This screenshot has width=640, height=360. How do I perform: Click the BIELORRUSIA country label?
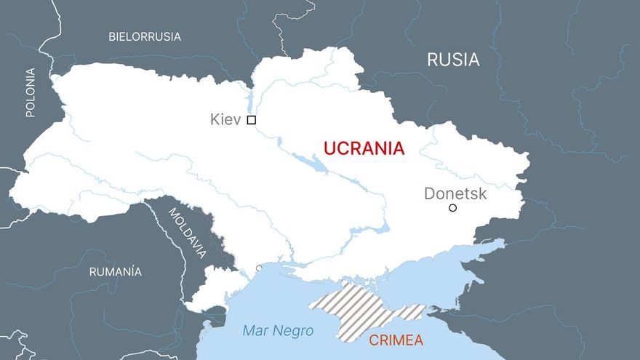145,36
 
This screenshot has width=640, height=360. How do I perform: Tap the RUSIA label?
453,60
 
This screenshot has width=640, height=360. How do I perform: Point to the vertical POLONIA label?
30,92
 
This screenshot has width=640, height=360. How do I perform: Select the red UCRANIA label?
364,149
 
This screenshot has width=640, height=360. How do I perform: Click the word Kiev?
225,119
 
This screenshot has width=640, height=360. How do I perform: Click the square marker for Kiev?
252,120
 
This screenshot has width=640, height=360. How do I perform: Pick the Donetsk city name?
455,193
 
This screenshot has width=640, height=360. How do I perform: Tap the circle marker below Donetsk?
452,208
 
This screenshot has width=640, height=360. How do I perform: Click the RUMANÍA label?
115,272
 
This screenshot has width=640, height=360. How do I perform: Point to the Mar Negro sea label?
278,332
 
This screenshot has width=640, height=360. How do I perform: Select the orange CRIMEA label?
396,340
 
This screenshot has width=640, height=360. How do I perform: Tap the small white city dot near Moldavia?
259,268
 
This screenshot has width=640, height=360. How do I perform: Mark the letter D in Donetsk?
429,193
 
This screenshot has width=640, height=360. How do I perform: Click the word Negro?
294,332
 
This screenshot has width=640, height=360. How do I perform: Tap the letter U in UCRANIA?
329,149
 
